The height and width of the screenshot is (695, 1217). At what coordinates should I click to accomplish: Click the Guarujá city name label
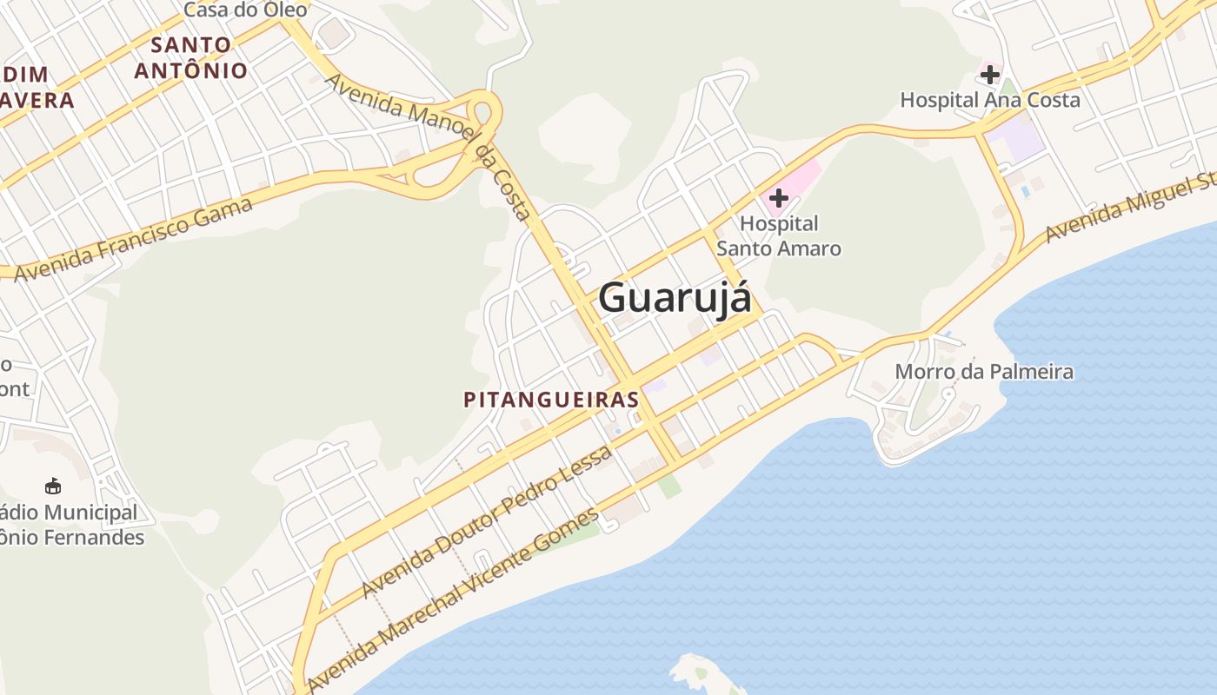click(674, 298)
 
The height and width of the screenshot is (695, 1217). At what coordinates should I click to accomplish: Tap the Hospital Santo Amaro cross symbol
click(778, 198)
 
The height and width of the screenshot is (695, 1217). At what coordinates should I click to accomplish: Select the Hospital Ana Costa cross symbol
click(989, 75)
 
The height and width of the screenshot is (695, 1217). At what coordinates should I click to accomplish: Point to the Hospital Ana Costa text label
click(989, 100)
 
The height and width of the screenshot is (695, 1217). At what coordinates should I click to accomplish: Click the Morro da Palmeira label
click(984, 372)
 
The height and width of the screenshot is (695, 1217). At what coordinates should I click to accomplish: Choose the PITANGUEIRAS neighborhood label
click(551, 400)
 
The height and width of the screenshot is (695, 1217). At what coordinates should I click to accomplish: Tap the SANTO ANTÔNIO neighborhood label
click(191, 57)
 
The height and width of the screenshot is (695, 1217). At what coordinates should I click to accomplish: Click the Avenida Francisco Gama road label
click(134, 240)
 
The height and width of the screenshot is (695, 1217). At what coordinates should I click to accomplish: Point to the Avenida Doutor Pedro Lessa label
click(487, 521)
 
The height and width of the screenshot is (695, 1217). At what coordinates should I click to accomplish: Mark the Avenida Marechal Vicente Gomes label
click(452, 599)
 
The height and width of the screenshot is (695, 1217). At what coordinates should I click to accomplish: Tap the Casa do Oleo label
click(245, 10)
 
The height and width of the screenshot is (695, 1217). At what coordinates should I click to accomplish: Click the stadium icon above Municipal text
click(53, 486)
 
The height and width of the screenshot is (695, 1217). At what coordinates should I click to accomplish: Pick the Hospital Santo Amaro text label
click(778, 236)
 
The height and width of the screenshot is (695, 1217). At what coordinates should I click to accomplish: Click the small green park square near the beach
click(668, 486)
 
